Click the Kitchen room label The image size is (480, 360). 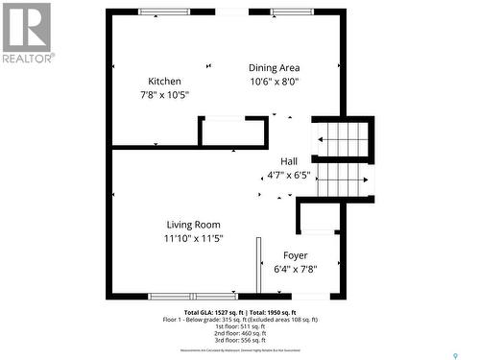pyautogui.click(x=164, y=81)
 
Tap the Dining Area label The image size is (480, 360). pyautogui.click(x=275, y=68)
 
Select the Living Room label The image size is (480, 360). pyautogui.click(x=193, y=225)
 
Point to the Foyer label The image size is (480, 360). pyautogui.click(x=295, y=255)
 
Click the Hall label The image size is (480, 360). pyautogui.click(x=289, y=161)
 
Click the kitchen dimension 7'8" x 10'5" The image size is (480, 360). pyautogui.click(x=164, y=95)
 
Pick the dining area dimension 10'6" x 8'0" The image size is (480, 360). pyautogui.click(x=275, y=83)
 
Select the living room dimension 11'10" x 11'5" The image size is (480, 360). pyautogui.click(x=193, y=239)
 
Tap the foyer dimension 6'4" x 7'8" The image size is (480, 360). pyautogui.click(x=295, y=270)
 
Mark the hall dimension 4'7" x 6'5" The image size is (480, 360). pyautogui.click(x=289, y=176)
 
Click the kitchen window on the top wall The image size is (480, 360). pyautogui.click(x=163, y=12)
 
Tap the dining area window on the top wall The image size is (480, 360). pyautogui.click(x=291, y=12)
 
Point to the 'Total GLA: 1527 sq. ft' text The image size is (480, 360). pyautogui.click(x=211, y=313)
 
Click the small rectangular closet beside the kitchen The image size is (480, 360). pyautogui.click(x=232, y=132)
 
